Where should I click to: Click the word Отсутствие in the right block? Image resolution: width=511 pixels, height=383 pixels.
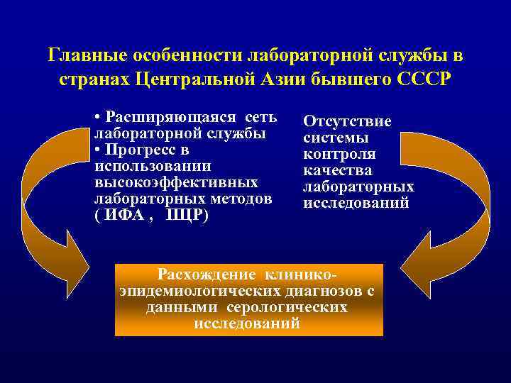click(347, 122)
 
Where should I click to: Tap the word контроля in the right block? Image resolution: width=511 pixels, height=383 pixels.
click(339, 155)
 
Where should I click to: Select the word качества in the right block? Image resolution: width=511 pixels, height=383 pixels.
click(338, 171)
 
